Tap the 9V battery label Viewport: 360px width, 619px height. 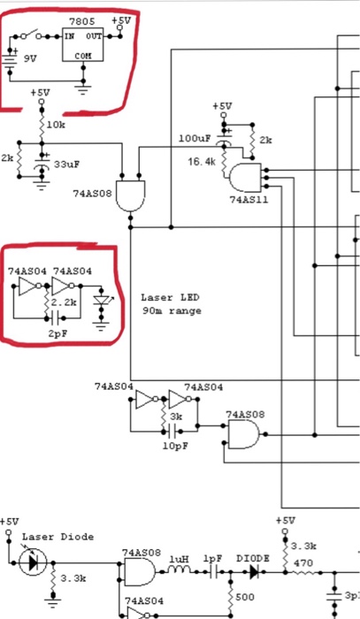tap(31, 58)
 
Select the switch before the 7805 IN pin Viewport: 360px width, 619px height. tap(34, 35)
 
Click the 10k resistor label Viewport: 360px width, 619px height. tap(55, 125)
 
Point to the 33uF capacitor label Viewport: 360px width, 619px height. tap(67, 164)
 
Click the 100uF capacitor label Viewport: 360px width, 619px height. tap(194, 139)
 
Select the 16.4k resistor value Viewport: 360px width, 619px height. tap(201, 163)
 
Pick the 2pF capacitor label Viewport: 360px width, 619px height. tap(57, 334)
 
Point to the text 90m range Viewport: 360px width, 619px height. tap(171, 310)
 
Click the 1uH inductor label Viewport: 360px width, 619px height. tap(179, 559)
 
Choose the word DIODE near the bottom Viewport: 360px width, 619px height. tap(255, 559)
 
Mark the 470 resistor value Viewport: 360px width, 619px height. tap(303, 562)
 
